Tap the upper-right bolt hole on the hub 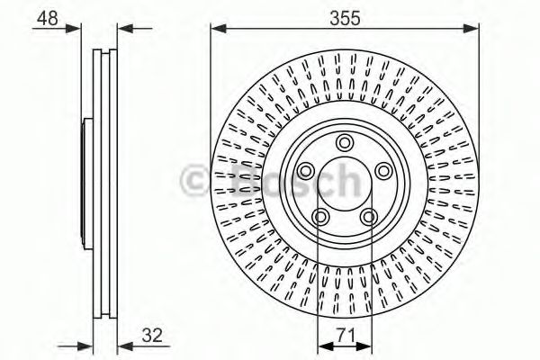coord(382,170)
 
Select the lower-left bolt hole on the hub coord(319,215)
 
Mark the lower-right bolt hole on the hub coord(367,215)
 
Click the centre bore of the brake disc coord(343,184)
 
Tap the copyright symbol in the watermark coord(197,181)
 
